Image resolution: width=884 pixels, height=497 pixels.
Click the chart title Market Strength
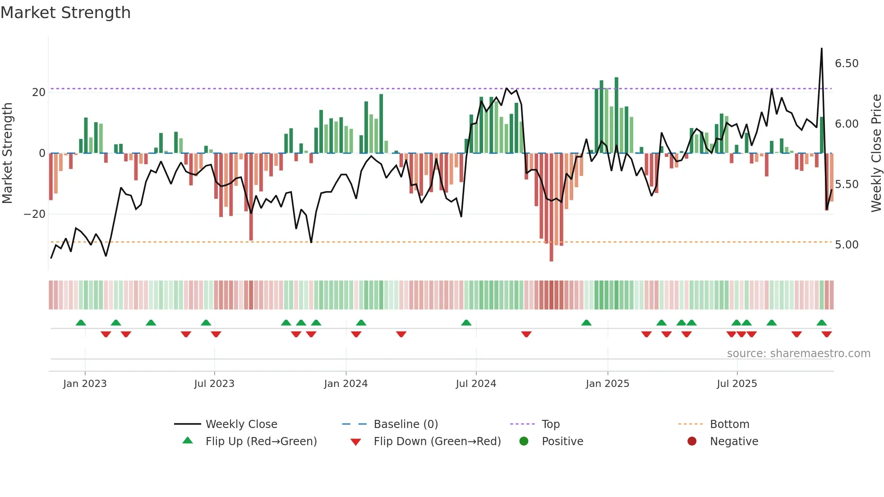pyautogui.click(x=65, y=13)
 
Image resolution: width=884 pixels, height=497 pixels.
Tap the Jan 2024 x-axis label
pyautogui.click(x=345, y=384)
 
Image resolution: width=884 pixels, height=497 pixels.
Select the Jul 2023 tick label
pyautogui.click(x=214, y=384)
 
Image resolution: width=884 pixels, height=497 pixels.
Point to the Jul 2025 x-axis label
pyautogui.click(x=737, y=384)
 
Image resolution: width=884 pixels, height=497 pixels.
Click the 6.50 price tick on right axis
pyautogui.click(x=846, y=64)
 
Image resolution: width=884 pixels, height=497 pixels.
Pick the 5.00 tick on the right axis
pyautogui.click(x=846, y=245)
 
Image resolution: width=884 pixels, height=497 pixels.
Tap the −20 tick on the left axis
pyautogui.click(x=35, y=214)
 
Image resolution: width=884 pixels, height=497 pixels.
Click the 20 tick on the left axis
pyautogui.click(x=39, y=92)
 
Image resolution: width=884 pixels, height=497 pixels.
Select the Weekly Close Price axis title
pyautogui.click(x=876, y=153)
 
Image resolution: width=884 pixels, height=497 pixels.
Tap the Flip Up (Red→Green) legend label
pyautogui.click(x=261, y=442)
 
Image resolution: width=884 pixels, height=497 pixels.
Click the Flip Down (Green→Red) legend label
pyautogui.click(x=437, y=442)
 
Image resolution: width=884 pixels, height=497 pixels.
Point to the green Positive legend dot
pyautogui.click(x=524, y=442)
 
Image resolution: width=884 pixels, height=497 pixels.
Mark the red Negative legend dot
pyautogui.click(x=691, y=442)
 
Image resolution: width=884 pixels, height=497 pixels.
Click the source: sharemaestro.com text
pyautogui.click(x=798, y=354)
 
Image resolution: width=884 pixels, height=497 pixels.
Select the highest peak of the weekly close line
pyautogui.click(x=821, y=49)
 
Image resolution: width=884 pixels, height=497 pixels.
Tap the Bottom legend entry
pyautogui.click(x=729, y=424)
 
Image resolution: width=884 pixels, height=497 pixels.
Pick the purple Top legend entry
pyautogui.click(x=550, y=424)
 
